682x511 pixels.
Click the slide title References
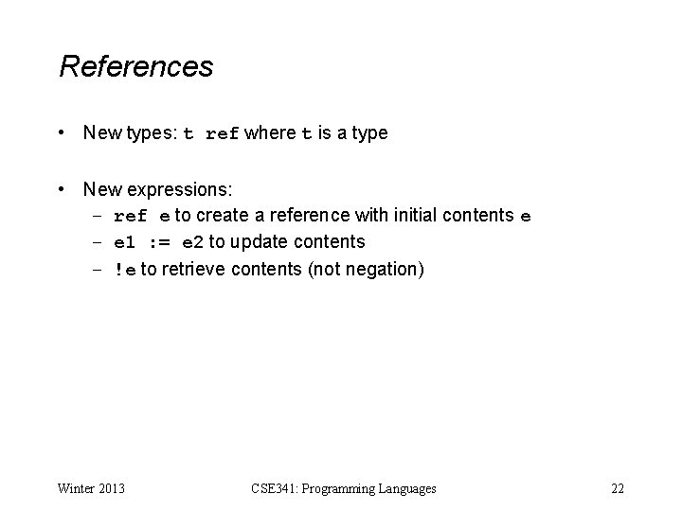tap(135, 67)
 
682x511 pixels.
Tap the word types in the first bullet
tap(152, 133)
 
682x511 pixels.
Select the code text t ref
tap(211, 134)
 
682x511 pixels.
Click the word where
tap(270, 133)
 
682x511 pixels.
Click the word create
tap(224, 216)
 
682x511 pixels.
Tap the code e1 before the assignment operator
tap(125, 243)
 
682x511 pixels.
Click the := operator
tap(158, 243)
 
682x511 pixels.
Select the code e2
tap(192, 243)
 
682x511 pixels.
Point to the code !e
tap(125, 270)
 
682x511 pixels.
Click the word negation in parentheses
tap(381, 270)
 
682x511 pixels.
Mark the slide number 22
tap(618, 488)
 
